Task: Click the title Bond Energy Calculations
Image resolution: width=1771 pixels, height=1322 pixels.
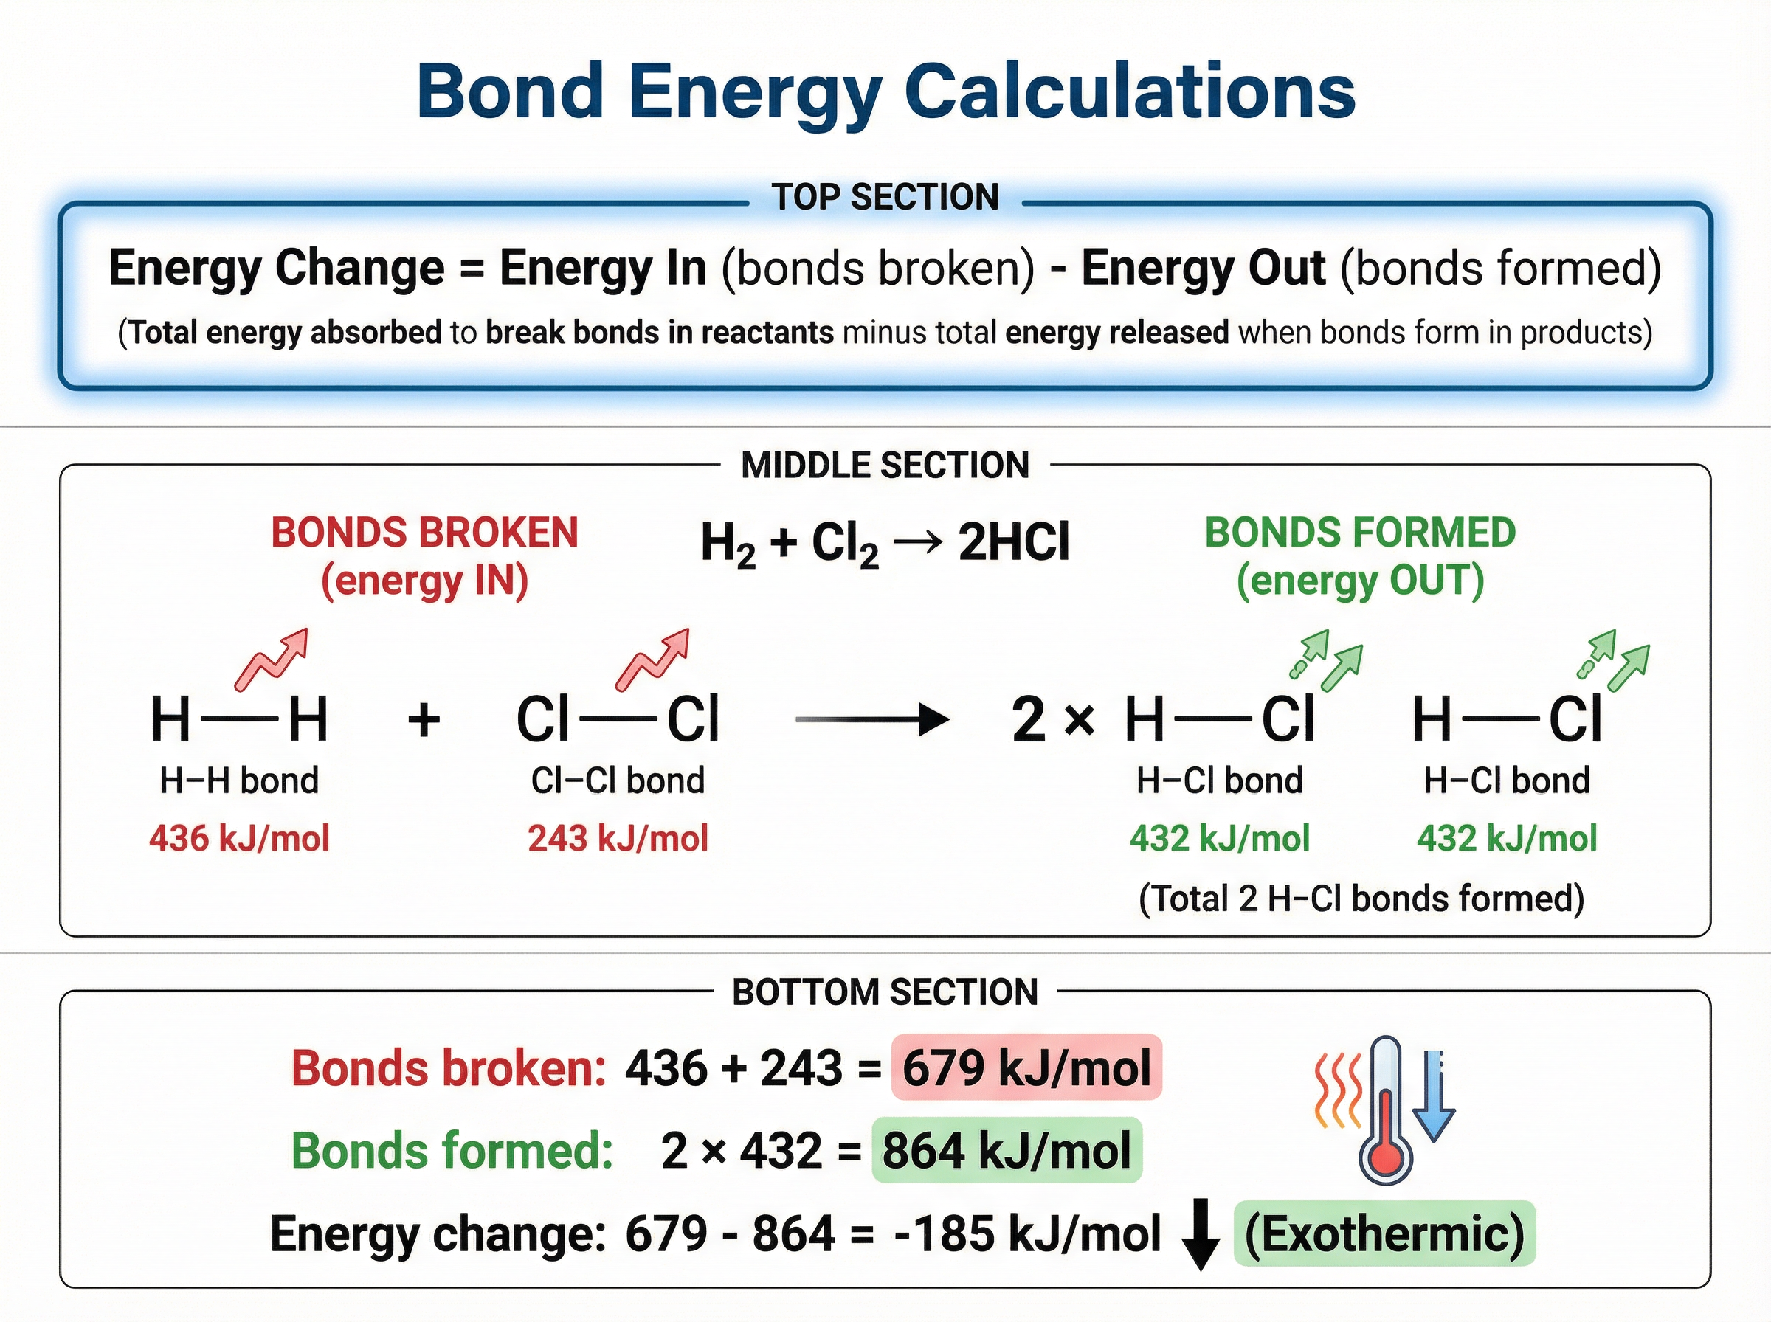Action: click(x=885, y=91)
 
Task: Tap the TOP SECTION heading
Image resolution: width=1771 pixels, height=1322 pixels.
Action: click(x=885, y=197)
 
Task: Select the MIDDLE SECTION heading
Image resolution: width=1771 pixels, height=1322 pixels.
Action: click(x=885, y=466)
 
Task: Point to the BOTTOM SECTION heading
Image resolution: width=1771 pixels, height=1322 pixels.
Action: click(x=885, y=992)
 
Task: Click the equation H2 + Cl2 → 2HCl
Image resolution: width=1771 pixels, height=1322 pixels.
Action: click(x=884, y=544)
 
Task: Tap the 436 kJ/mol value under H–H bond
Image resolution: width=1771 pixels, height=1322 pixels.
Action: click(x=239, y=839)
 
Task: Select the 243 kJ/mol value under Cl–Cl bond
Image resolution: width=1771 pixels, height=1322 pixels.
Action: click(x=618, y=839)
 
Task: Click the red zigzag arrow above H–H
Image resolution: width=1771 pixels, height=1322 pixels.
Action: click(x=272, y=660)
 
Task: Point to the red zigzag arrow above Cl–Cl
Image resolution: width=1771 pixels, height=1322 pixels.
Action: click(x=652, y=660)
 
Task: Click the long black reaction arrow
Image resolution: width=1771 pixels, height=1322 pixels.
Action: click(x=871, y=719)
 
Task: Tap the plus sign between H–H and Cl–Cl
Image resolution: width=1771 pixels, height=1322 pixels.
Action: click(x=424, y=719)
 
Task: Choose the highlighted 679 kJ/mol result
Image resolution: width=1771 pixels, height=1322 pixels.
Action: click(x=1026, y=1067)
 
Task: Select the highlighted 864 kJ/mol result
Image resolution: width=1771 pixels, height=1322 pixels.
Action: click(x=1007, y=1151)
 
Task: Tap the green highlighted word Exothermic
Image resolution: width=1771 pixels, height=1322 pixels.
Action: click(x=1384, y=1233)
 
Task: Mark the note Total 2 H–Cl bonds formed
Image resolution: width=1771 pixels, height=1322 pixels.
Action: click(x=1361, y=899)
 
